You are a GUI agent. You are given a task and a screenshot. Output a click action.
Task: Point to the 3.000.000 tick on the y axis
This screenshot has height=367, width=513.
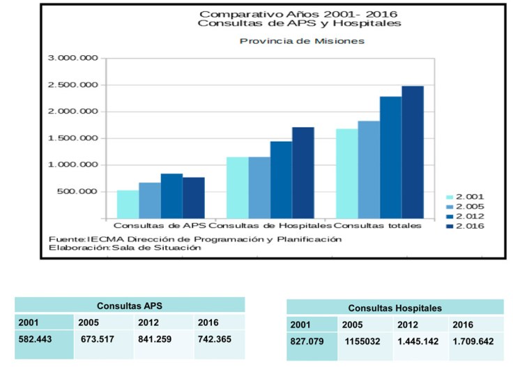72,59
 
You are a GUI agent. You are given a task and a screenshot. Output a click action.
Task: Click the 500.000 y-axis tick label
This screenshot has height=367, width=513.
78,192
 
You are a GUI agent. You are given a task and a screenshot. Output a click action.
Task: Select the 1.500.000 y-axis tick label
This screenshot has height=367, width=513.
72,138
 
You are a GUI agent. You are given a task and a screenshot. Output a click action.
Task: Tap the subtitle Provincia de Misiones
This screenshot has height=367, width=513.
302,41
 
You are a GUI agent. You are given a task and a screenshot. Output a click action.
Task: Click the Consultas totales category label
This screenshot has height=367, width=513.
378,226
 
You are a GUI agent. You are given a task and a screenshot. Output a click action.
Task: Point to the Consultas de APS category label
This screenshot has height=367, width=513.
160,226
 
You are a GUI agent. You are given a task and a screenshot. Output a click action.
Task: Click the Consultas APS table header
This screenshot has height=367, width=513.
130,306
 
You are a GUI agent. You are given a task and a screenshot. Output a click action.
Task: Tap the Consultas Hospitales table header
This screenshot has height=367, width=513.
395,308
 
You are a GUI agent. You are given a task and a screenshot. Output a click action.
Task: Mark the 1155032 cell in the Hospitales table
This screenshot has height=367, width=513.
360,342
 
